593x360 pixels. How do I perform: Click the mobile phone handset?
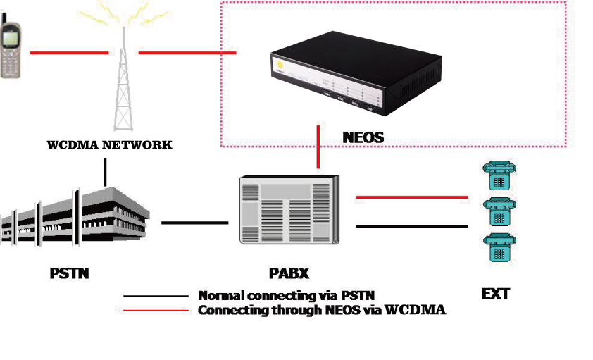click(x=11, y=50)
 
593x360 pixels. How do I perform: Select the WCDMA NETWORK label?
click(x=109, y=145)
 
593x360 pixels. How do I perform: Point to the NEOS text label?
click(x=363, y=137)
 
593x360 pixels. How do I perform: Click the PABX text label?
click(x=289, y=273)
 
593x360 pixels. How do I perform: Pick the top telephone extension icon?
click(x=499, y=174)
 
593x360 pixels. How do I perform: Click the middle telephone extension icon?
click(x=499, y=211)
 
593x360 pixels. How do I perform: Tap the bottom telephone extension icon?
click(x=499, y=249)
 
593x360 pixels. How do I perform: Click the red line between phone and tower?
click(x=69, y=52)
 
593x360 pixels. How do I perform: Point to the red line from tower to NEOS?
click(x=187, y=52)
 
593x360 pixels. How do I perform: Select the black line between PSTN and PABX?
click(x=195, y=223)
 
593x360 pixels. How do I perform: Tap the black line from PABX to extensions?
click(x=412, y=226)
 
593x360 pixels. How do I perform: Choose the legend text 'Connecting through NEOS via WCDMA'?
click(x=322, y=310)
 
